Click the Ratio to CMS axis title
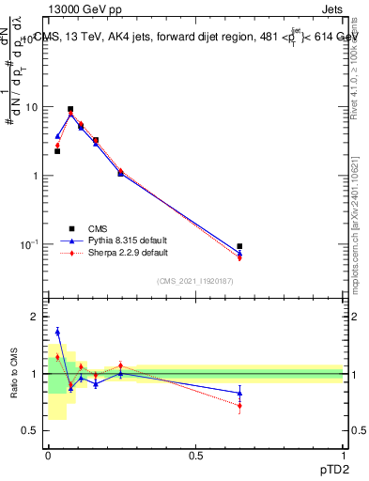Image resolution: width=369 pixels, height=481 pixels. (13, 374)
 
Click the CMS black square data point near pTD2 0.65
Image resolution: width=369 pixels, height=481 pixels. (240, 246)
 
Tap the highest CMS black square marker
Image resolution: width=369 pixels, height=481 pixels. (70, 109)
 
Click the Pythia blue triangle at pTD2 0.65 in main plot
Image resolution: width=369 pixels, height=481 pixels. (240, 253)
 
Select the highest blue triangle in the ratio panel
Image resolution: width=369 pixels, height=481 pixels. (57, 332)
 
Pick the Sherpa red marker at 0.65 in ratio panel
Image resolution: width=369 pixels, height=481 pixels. (240, 405)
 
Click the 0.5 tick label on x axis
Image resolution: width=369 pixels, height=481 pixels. (195, 455)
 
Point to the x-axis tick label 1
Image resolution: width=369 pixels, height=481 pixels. (343, 455)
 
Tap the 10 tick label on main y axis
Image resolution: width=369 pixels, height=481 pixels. (34, 107)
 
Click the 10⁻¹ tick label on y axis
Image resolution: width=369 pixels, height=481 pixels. (31, 244)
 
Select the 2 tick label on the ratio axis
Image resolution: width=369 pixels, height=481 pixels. (38, 318)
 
